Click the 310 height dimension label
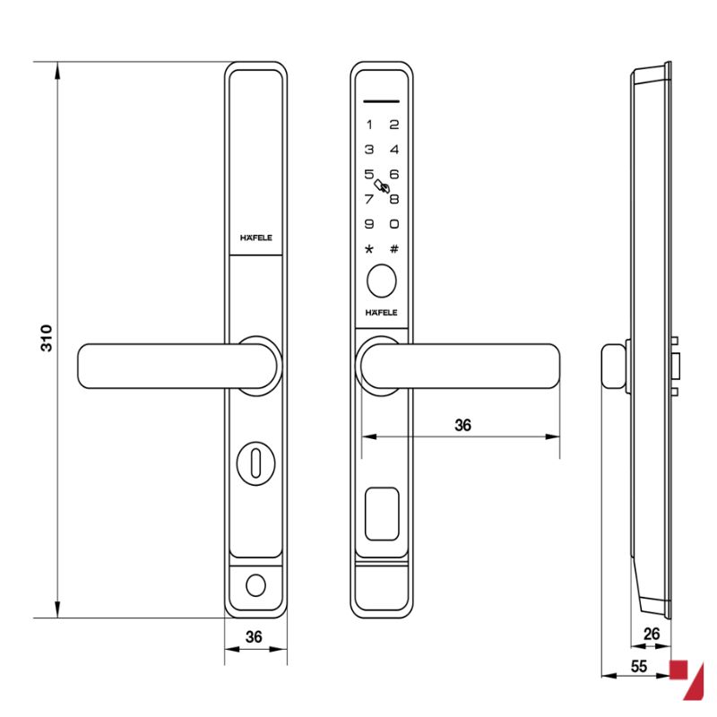point(47,339)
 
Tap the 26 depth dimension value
point(652,634)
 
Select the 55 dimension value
point(639,666)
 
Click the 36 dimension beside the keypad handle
point(462,425)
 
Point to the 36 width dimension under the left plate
point(254,637)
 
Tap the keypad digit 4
point(394,150)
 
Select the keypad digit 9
point(369,224)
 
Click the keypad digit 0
point(394,224)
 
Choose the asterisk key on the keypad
point(369,249)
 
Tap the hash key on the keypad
point(394,249)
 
